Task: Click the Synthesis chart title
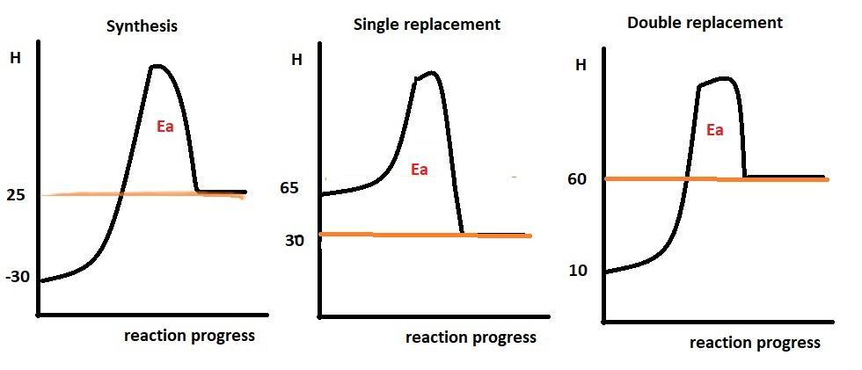[x=142, y=26]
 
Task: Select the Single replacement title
[x=427, y=25]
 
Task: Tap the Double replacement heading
[x=705, y=24]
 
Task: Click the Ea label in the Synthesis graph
[x=164, y=127]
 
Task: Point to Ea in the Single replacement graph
[x=419, y=169]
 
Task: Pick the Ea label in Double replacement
[x=714, y=130]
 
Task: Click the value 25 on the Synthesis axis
[x=17, y=194]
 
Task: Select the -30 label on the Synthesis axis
[x=18, y=277]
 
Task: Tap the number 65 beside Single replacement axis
[x=289, y=188]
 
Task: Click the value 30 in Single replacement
[x=294, y=239]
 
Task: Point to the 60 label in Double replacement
[x=577, y=180]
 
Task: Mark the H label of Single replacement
[x=296, y=61]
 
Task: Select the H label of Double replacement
[x=581, y=64]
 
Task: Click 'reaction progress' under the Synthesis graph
[x=189, y=336]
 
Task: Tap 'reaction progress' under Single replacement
[x=471, y=337]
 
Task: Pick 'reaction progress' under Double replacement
[x=755, y=343]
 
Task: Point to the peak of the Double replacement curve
[x=723, y=78]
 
